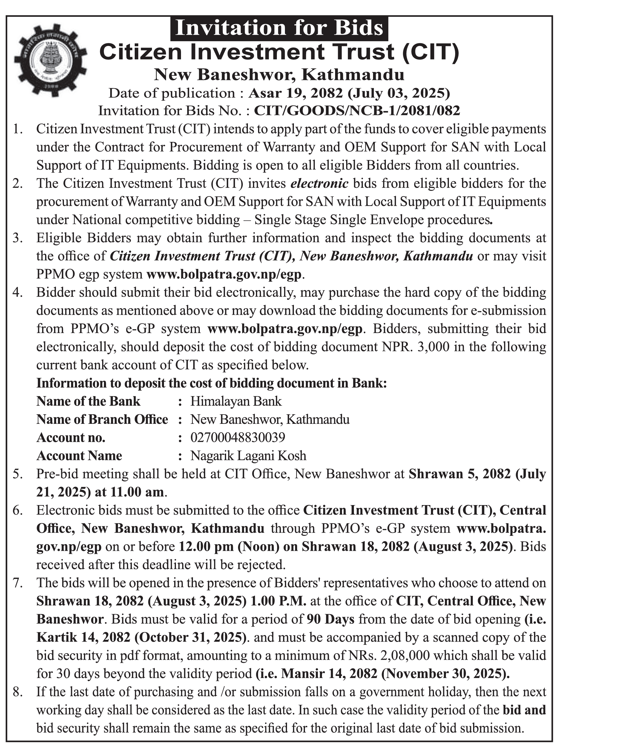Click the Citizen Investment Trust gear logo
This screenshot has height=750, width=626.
click(50, 60)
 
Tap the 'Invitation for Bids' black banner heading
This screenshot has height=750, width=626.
click(279, 28)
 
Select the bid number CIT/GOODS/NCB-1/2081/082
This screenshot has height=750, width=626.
click(357, 111)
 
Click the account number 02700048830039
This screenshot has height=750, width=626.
click(237, 438)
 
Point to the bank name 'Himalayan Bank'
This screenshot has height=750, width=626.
click(236, 401)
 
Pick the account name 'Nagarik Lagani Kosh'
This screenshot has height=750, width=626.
click(248, 456)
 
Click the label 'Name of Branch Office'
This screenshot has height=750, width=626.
click(102, 419)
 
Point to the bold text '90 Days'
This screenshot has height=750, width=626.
click(331, 619)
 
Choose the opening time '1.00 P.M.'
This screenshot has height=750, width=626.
click(279, 601)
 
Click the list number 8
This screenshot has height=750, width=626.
click(18, 692)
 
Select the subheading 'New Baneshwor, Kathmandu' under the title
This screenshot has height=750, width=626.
click(279, 75)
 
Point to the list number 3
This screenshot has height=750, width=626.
click(18, 238)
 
